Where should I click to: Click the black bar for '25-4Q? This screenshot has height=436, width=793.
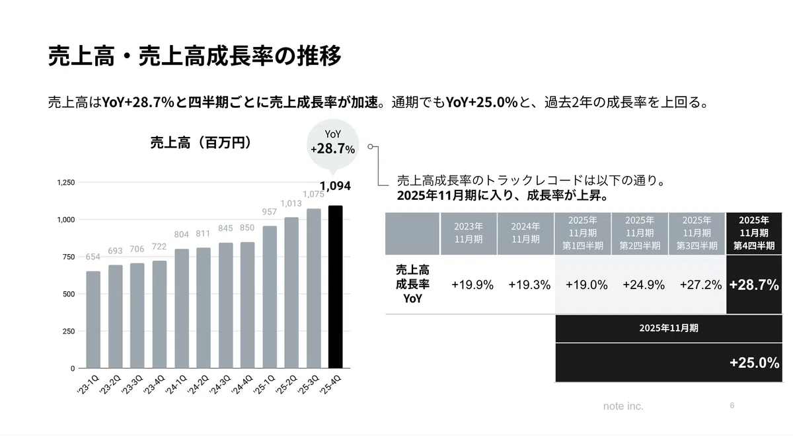pos(335,286)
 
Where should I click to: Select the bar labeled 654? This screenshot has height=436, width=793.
pos(93,320)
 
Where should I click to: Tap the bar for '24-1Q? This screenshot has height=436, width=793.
pos(182,308)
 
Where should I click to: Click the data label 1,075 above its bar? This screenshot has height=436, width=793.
pos(313,194)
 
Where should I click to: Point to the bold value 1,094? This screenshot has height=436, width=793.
pos(335,186)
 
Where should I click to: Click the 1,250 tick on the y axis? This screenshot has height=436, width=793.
pos(66,183)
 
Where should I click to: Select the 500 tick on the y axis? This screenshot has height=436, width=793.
pos(69,294)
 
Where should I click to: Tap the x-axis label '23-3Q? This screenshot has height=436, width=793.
pos(132,384)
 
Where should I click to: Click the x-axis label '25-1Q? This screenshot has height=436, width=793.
pos(264,384)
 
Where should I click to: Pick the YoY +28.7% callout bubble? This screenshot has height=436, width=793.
pos(333,145)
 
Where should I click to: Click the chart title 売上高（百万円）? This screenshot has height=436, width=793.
pos(201,142)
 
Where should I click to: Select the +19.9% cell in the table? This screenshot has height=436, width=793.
pos(472,284)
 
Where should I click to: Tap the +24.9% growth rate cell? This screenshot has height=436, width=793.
pos(644,284)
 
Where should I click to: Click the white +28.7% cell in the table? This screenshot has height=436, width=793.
pos(754,284)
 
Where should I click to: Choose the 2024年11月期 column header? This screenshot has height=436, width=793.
pos(525,233)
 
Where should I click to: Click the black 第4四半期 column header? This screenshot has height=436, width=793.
pos(754,233)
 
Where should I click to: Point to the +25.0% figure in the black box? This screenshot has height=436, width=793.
pos(755,363)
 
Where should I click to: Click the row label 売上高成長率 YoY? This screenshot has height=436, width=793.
pos(412,284)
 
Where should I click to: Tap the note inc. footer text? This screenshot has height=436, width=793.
pos(623,406)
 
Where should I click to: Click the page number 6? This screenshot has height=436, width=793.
pos(732,405)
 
